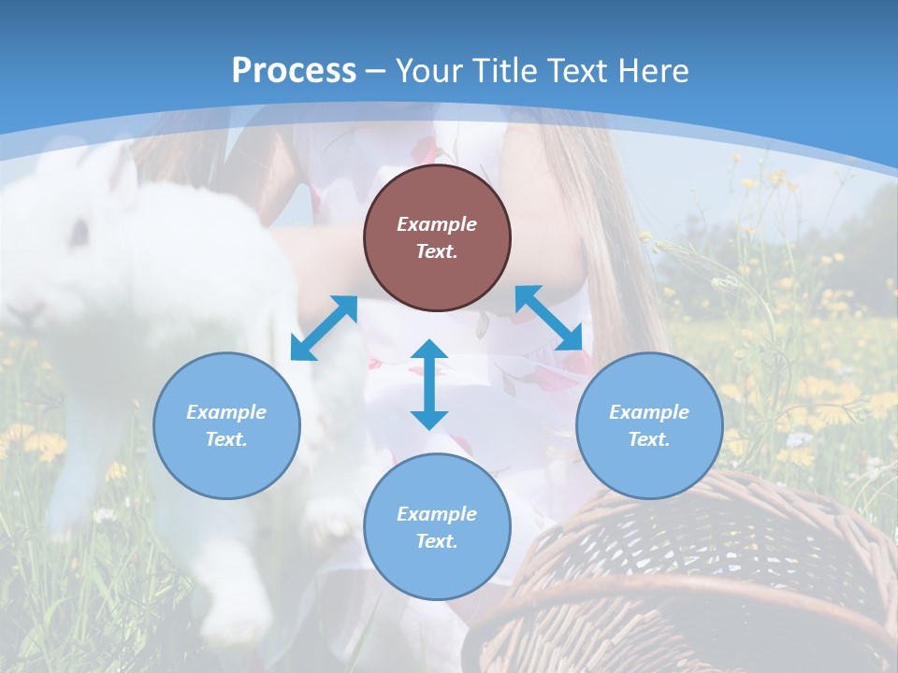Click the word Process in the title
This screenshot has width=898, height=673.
coord(294,71)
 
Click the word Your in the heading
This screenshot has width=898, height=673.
coord(431,71)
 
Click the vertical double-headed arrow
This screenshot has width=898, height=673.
coord(429,384)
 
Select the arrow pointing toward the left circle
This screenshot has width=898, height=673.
coord(324,328)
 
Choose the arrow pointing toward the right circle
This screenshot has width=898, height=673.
coord(549,318)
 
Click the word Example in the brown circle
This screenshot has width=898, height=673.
coord(437,224)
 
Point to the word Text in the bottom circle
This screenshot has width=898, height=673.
coord(436,541)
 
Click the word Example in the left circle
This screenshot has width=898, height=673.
coord(226,412)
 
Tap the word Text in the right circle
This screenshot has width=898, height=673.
coord(648,439)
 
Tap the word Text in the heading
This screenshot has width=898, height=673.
coord(574,71)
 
